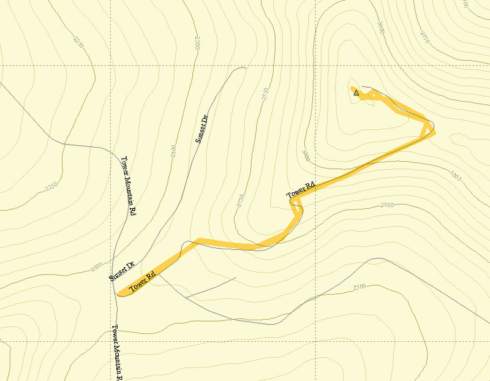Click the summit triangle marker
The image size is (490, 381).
pos(356,92)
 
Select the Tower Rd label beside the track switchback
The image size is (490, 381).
pos(301,190)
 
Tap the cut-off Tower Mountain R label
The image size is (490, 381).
pos(118,352)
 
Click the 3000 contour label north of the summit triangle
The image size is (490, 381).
pos(382,28)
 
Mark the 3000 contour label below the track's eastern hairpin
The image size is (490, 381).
pos(454,176)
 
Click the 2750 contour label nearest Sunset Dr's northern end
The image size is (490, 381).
pos(265,95)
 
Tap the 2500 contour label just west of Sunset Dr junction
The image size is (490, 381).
pos(96,268)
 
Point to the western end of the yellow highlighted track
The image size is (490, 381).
pos(121,292)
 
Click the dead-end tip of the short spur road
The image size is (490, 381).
pos(236,278)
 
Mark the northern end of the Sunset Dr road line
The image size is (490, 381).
pos(244,67)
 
